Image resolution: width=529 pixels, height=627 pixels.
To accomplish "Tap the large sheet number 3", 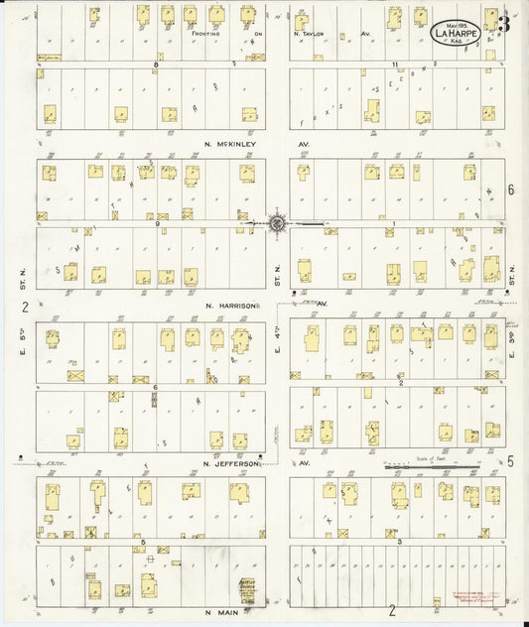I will coord(505,23).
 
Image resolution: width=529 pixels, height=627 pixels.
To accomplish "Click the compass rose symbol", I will coord(277,223).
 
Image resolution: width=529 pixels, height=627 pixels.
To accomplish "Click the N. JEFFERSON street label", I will coord(230,463).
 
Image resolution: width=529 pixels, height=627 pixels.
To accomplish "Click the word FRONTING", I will coord(204,33).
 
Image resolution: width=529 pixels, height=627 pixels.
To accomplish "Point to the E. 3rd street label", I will coord(512,353).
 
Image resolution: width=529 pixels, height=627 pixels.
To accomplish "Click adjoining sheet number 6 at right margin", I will coord(511,189).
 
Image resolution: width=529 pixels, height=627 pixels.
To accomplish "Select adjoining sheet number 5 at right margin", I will coord(510,460).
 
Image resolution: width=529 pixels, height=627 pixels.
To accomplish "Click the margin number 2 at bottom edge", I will coord(392,610).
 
